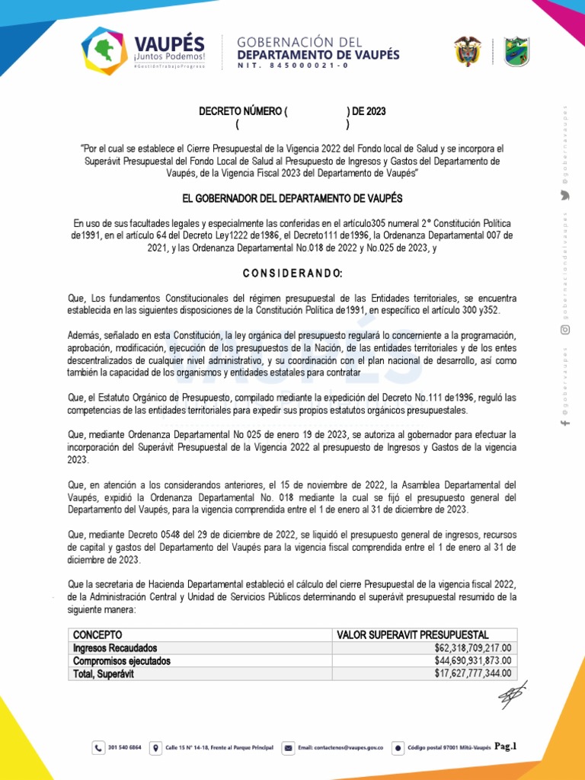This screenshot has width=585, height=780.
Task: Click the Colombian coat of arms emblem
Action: click(468, 51)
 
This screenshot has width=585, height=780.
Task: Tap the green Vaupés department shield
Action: click(517, 51)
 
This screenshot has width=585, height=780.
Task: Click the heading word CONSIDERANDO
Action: click(292, 273)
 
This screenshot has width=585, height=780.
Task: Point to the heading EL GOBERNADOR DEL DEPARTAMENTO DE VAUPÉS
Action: click(292, 199)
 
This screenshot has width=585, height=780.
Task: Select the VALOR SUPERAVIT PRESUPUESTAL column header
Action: click(412, 635)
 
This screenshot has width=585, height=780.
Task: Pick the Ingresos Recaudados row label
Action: click(115, 648)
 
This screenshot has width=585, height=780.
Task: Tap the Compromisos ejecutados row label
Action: click(122, 661)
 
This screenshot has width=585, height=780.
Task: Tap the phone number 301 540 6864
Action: click(125, 747)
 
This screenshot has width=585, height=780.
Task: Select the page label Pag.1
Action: click(506, 746)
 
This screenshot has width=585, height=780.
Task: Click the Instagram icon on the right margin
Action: click(564, 329)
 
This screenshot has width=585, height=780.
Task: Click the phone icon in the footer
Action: click(100, 747)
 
